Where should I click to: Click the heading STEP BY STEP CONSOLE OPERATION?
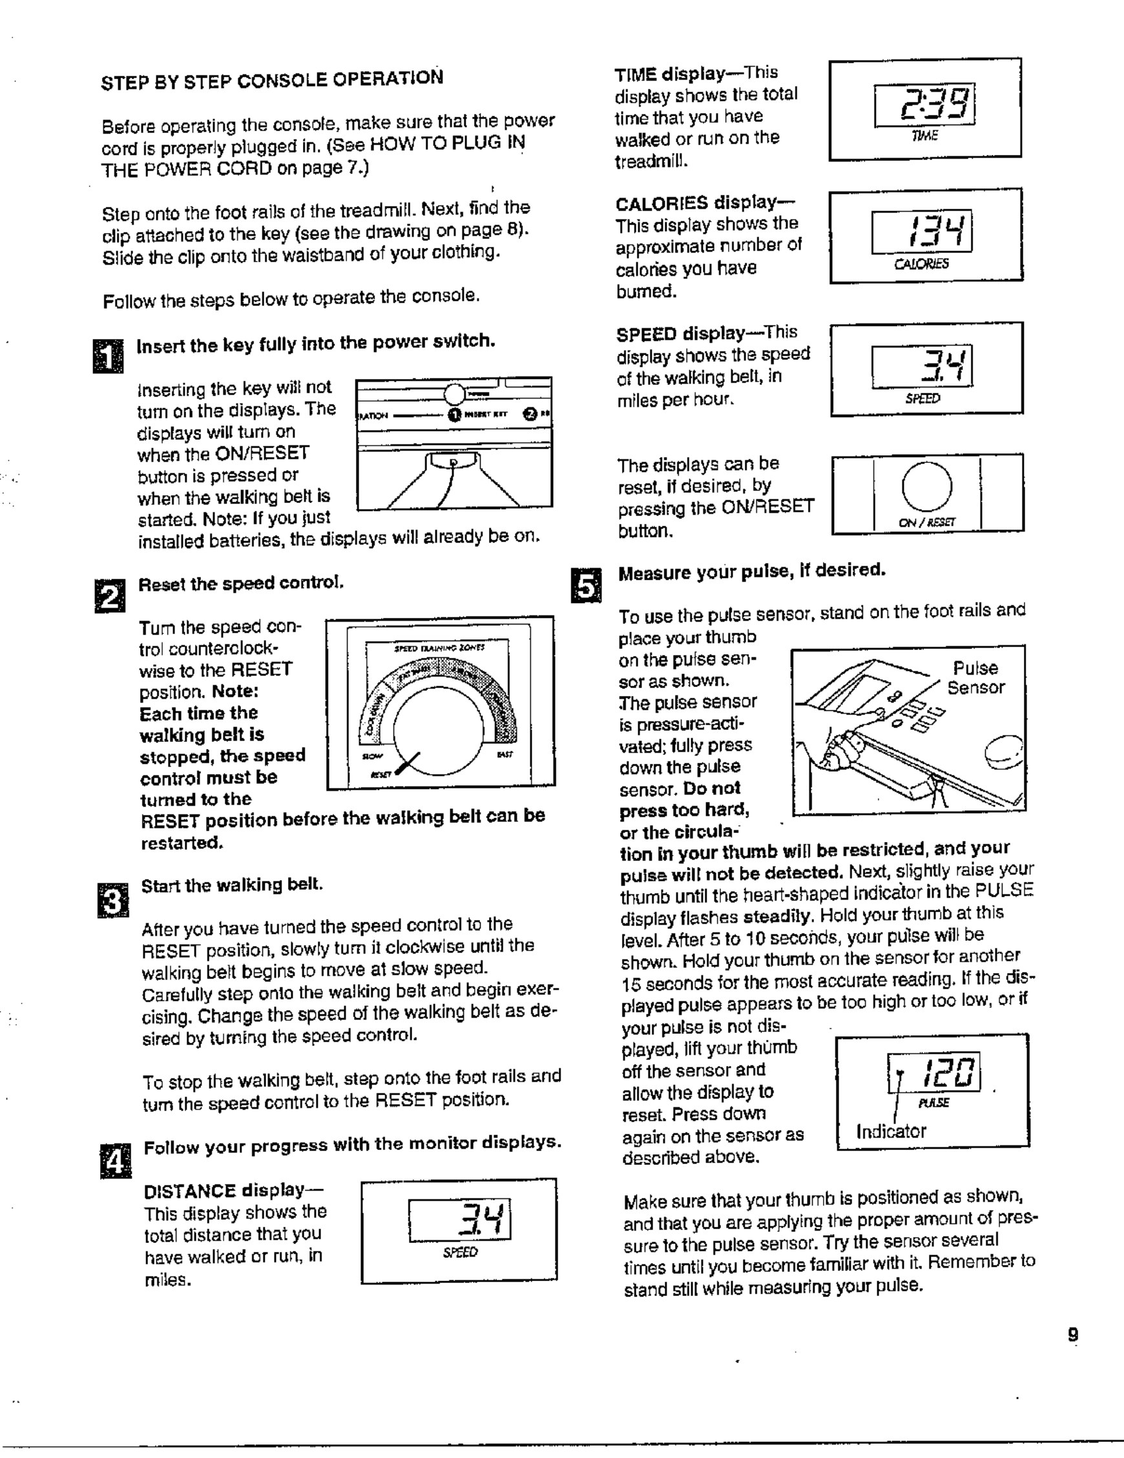point(272,79)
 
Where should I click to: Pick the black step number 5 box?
point(586,586)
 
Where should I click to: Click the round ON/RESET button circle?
point(926,486)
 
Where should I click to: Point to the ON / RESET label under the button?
point(926,522)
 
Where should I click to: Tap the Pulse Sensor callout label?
point(975,677)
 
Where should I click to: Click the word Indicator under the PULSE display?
point(891,1131)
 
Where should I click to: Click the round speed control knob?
point(437,731)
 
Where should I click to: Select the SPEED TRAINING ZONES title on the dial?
point(439,647)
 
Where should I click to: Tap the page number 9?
point(1072,1335)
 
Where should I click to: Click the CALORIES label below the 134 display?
point(921,263)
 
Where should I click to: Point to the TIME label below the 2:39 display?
point(924,136)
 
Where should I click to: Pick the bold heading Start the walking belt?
point(232,886)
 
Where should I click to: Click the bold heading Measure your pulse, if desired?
point(751,571)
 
